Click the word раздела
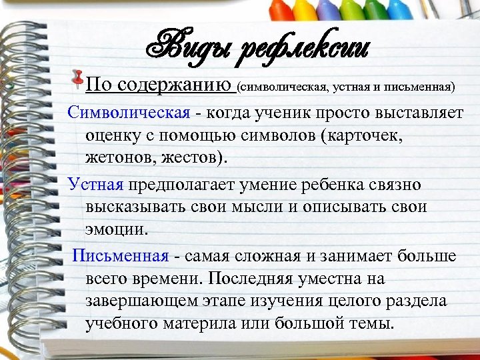[417, 301]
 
